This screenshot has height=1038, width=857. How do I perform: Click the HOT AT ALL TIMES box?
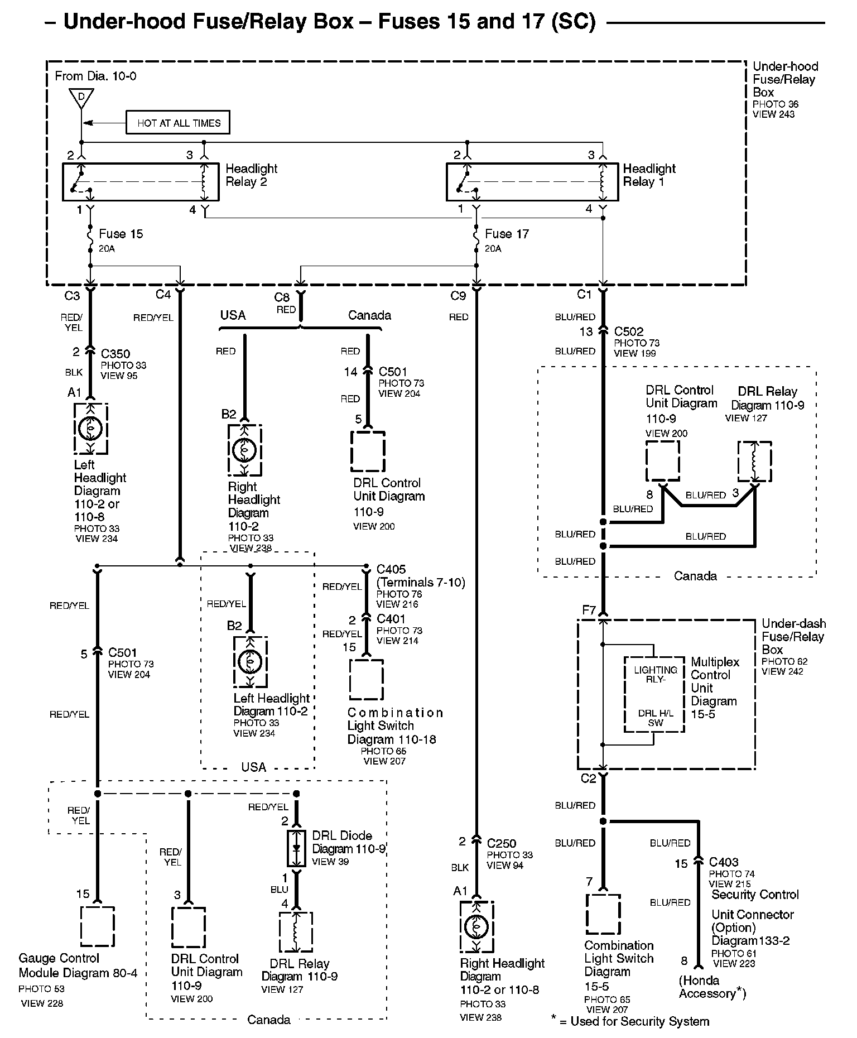[x=178, y=123]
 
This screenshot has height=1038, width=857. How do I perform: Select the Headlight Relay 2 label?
[x=251, y=175]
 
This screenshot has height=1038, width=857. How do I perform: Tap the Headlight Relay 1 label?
[x=649, y=175]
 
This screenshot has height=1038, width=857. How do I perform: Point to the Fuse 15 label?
[x=121, y=234]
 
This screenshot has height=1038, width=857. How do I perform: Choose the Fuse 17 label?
[x=507, y=234]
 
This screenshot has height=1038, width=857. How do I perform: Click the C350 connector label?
[x=115, y=354]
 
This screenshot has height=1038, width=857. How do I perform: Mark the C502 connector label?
[x=629, y=331]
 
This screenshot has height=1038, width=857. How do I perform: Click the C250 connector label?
[x=502, y=843]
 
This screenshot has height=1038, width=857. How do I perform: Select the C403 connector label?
[x=724, y=862]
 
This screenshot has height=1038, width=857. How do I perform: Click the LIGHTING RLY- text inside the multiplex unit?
[x=656, y=675]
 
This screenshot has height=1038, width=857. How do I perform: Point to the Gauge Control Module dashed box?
[x=98, y=926]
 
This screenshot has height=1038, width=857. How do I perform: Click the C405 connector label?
[x=391, y=569]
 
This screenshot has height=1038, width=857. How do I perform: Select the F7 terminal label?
[x=589, y=610]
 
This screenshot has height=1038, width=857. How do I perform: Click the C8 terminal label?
[x=282, y=297]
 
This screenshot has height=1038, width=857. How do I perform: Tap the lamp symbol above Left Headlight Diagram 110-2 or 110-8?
[x=90, y=428]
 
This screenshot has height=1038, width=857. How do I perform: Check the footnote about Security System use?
[x=630, y=1021]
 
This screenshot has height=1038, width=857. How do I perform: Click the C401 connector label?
[x=391, y=619]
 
